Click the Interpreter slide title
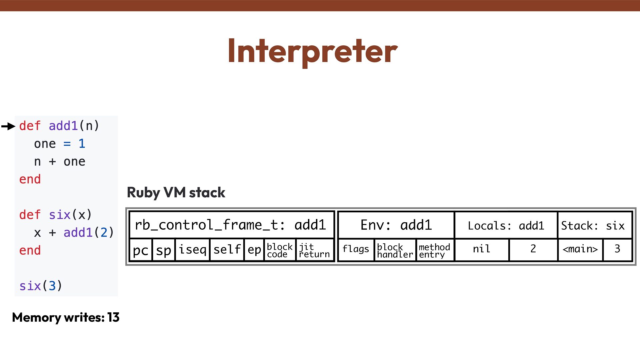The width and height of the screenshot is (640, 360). click(312, 51)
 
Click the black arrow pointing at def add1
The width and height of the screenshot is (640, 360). click(9, 126)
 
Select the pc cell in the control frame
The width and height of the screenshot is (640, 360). click(140, 250)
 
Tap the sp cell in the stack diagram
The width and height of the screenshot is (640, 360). click(163, 250)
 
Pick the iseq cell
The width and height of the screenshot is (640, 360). click(192, 250)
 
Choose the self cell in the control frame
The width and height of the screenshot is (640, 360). click(227, 250)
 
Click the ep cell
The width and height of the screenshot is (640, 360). click(254, 250)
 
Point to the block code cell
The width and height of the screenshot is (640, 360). click(279, 250)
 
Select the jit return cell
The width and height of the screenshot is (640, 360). click(314, 250)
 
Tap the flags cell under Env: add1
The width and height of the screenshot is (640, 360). click(356, 249)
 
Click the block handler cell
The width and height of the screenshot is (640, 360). click(395, 250)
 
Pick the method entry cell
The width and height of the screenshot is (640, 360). click(434, 250)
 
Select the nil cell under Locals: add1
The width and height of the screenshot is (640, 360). click(481, 249)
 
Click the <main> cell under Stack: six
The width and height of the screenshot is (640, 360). click(580, 249)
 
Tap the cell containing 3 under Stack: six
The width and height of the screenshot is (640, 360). click(617, 249)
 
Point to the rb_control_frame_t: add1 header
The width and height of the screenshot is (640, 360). click(230, 225)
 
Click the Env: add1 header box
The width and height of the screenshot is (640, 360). click(396, 225)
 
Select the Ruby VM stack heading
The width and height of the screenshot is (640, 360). click(176, 193)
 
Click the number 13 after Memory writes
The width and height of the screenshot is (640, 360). click(113, 317)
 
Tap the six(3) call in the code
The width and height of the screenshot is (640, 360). click(41, 286)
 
